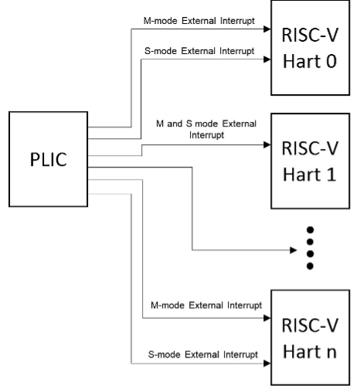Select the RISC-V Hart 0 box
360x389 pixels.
click(x=309, y=48)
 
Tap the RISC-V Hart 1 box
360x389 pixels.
click(x=309, y=161)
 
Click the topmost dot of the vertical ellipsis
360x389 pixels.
click(x=310, y=231)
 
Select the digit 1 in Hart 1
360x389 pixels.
click(x=330, y=174)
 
